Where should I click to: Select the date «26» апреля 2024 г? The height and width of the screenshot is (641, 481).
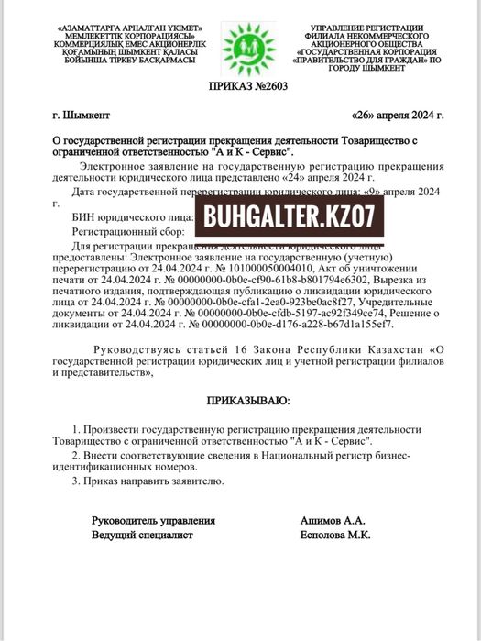tap(397, 117)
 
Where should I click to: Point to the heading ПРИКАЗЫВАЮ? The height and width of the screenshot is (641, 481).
tap(246, 401)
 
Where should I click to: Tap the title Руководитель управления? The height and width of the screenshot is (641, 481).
tap(153, 520)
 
